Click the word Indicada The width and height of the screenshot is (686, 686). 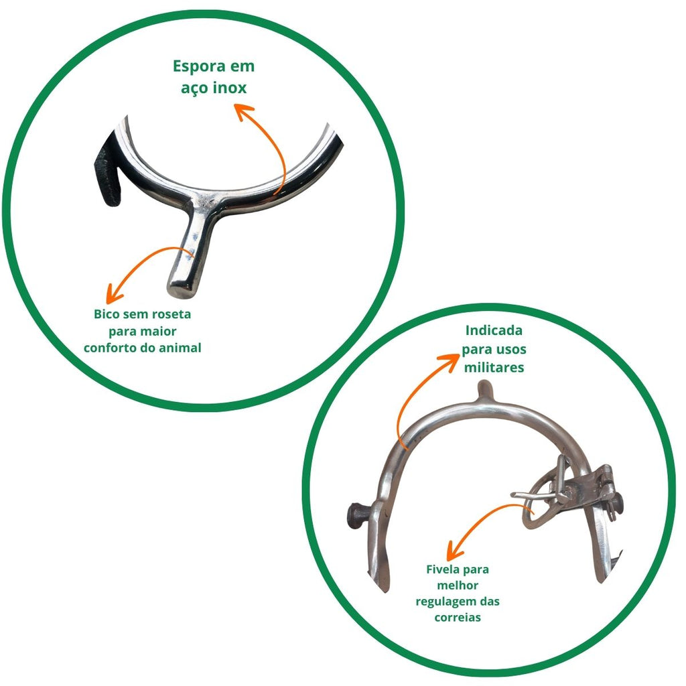(494, 331)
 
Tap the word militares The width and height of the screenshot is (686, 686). (494, 368)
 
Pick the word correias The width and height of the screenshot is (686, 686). (458, 617)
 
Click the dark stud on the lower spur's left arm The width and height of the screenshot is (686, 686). (356, 514)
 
